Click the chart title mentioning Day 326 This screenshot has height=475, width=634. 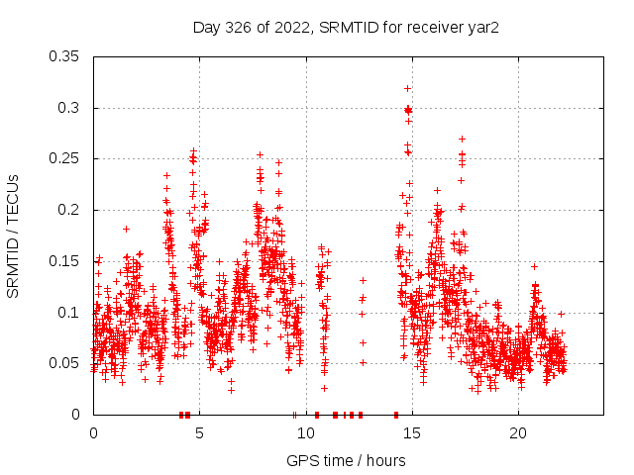[346, 27]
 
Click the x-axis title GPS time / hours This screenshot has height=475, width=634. [346, 460]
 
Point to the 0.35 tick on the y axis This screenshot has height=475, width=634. [64, 56]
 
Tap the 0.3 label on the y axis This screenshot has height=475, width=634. [68, 108]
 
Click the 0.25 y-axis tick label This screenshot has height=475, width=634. [64, 158]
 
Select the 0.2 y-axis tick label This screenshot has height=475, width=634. [68, 210]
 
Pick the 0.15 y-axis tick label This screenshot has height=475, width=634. [64, 261]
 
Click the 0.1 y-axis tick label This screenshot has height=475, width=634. [68, 313]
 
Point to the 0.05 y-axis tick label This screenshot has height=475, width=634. [64, 363]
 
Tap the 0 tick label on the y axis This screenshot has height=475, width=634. [77, 415]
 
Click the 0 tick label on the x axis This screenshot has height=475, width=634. [93, 433]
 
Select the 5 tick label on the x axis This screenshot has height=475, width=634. [199, 433]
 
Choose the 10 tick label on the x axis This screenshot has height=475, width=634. [306, 433]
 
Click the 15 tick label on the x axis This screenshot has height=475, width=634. [412, 433]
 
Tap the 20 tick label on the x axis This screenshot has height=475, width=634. [518, 433]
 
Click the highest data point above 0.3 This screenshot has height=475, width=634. [407, 88]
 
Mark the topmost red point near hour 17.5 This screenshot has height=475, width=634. [462, 139]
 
